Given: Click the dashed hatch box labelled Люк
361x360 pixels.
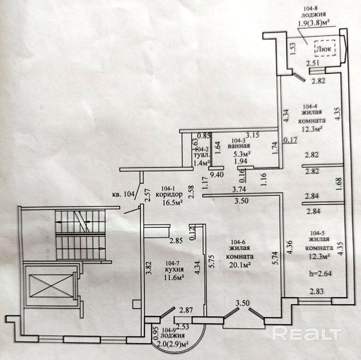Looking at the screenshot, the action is (325, 48).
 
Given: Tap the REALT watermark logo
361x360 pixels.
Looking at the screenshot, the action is (307, 333).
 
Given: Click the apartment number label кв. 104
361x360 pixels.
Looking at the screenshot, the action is (123, 194).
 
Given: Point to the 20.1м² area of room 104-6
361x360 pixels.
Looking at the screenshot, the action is (239, 265).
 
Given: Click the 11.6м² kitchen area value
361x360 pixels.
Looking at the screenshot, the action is (174, 277).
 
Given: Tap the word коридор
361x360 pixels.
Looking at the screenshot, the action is (169, 195).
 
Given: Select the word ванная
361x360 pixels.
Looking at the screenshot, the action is (239, 146).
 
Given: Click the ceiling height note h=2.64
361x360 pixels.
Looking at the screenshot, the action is (320, 274).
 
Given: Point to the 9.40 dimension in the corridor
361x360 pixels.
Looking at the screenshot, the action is (217, 174).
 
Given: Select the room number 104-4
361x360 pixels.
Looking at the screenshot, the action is (310, 106).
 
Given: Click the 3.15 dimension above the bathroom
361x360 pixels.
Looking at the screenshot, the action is (252, 135).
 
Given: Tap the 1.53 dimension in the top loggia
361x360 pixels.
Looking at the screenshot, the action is (293, 49).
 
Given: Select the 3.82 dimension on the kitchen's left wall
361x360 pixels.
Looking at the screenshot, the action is (149, 269).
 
